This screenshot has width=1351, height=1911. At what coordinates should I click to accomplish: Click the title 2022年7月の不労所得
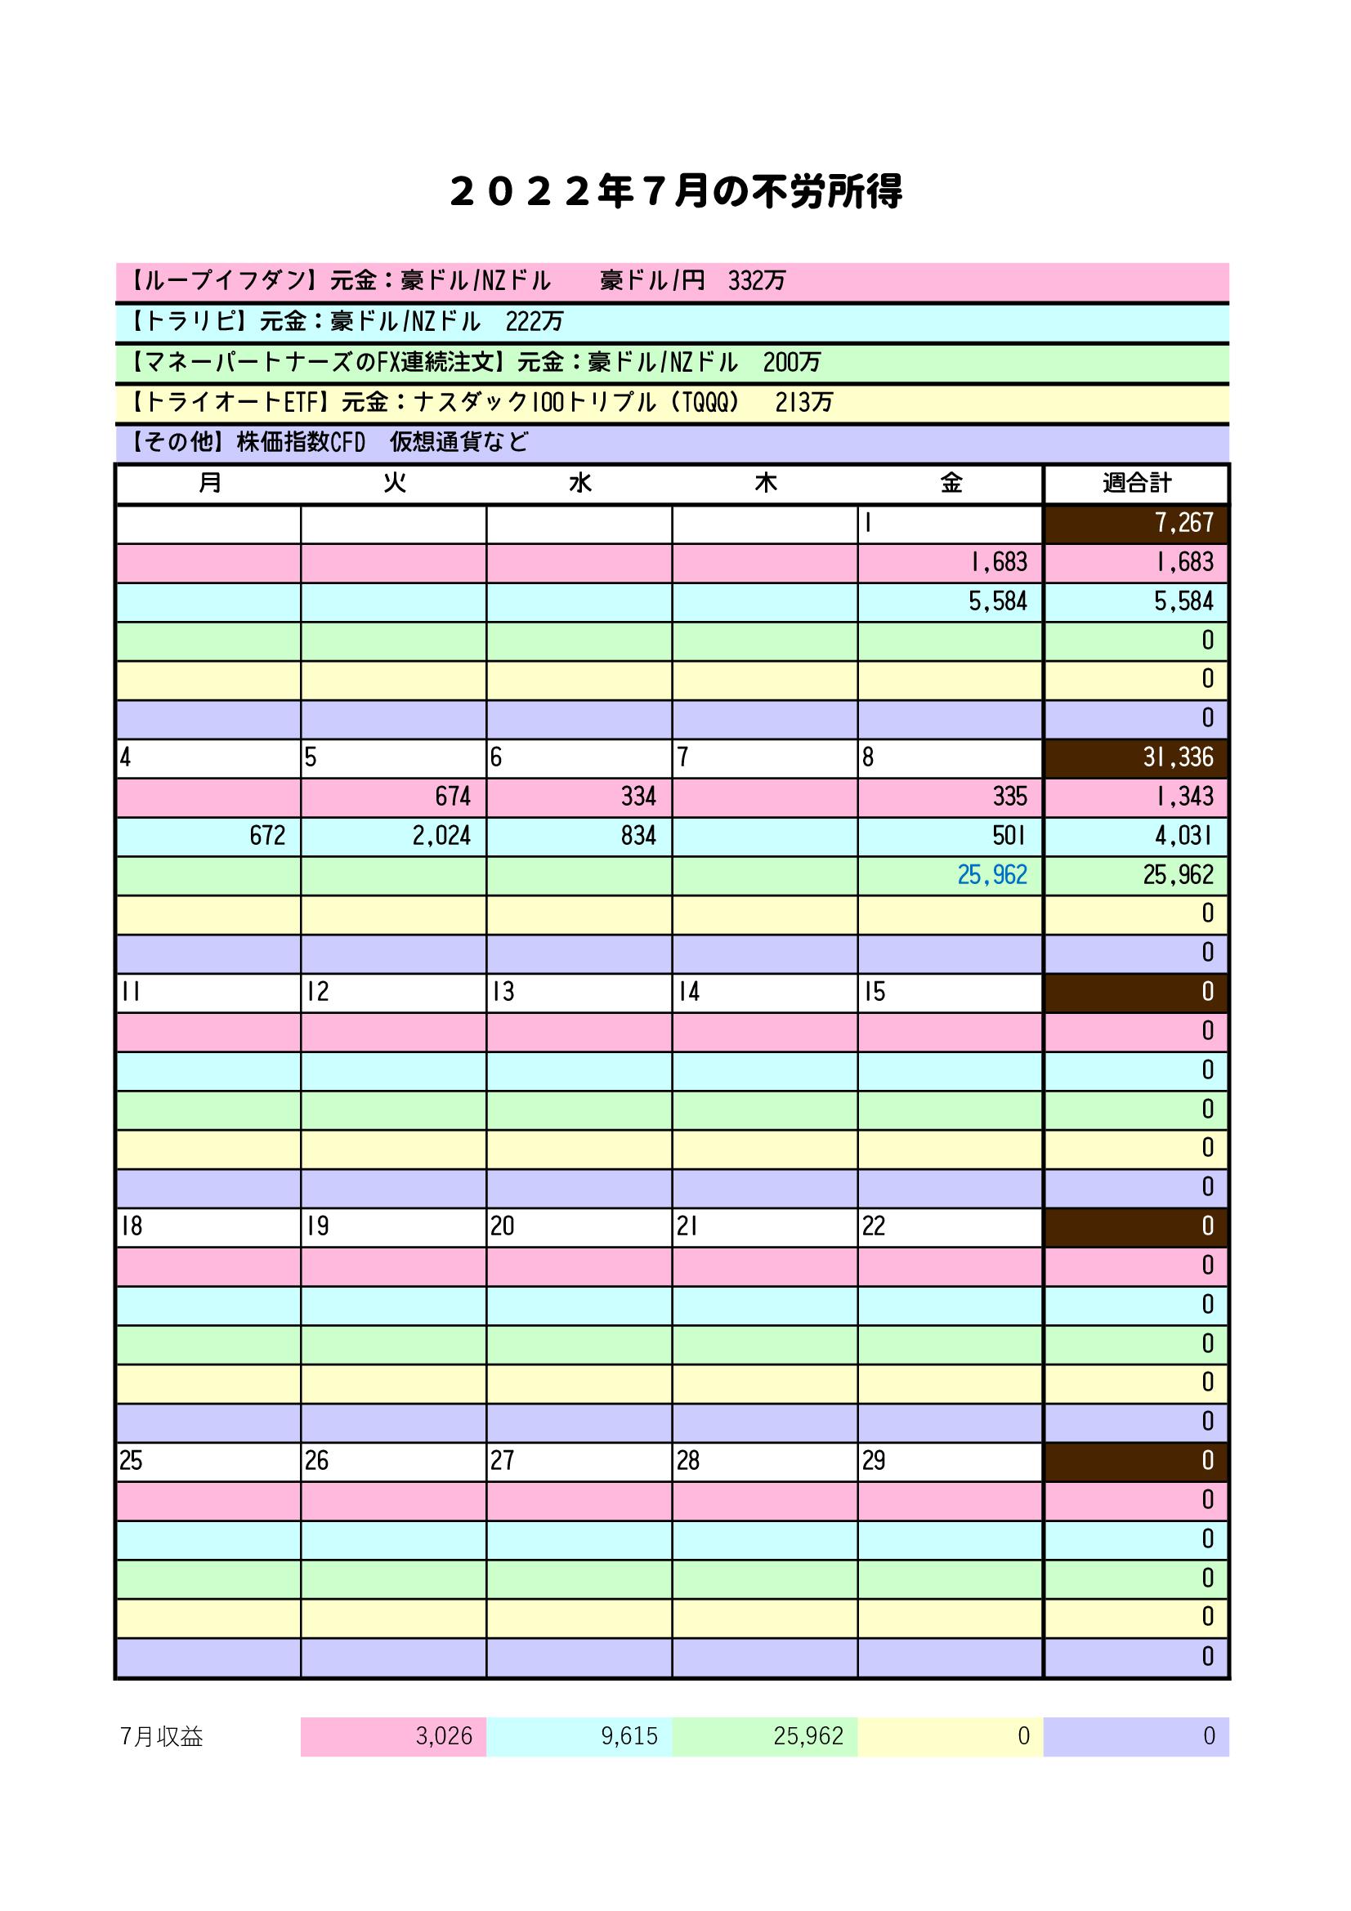[675, 192]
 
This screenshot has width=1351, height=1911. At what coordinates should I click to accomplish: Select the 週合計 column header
[1136, 483]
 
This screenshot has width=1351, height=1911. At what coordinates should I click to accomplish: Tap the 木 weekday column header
[765, 483]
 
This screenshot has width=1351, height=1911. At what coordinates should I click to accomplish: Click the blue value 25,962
[992, 875]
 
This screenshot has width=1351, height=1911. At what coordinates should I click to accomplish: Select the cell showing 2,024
[441, 836]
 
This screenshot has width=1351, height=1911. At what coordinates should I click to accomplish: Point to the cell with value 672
[267, 836]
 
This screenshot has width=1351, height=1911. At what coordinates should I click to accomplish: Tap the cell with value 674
[453, 797]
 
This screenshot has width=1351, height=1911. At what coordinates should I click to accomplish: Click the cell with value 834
[638, 836]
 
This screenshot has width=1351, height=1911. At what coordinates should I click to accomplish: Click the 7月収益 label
[162, 1737]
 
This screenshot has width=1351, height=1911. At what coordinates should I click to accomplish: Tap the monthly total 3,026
[444, 1736]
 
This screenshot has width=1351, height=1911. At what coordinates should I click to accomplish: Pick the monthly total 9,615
[629, 1736]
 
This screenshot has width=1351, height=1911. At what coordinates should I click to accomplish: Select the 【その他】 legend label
[176, 442]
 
